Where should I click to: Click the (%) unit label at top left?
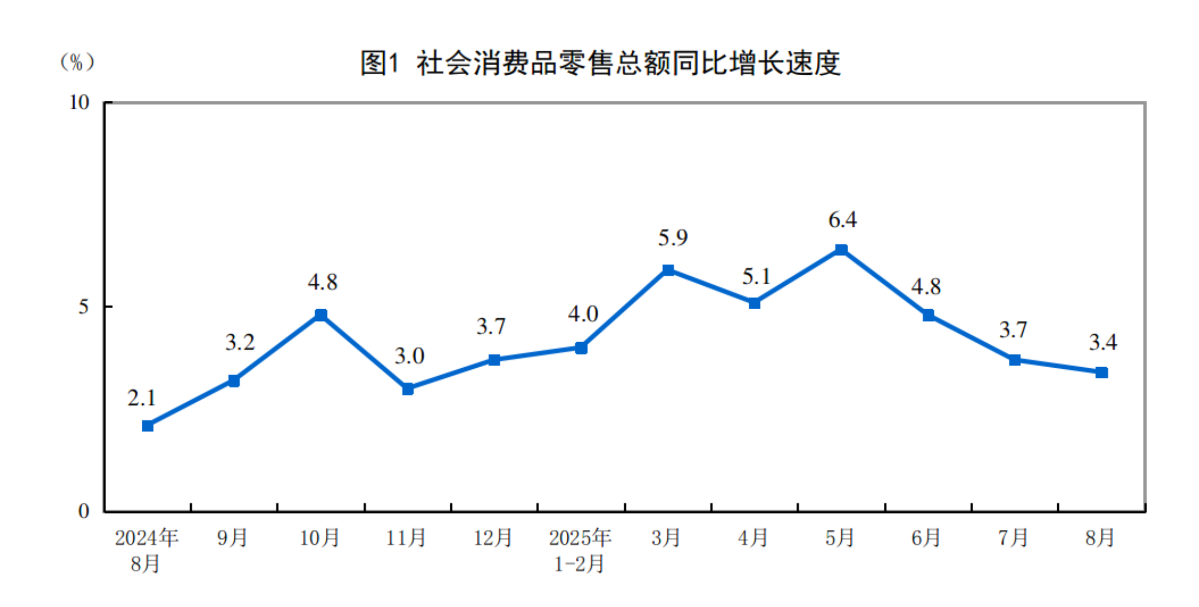pyautogui.click(x=77, y=62)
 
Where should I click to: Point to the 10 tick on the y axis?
pyautogui.click(x=80, y=102)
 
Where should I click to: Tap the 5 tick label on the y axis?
pyautogui.click(x=83, y=307)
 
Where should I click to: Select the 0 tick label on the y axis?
pyautogui.click(x=83, y=511)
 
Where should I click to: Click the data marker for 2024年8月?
pyautogui.click(x=148, y=426)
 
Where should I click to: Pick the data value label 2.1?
pyautogui.click(x=141, y=398)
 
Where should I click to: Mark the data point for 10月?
pyautogui.click(x=321, y=315)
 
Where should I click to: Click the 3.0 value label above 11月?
pyautogui.click(x=409, y=356)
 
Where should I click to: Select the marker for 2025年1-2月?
pyautogui.click(x=581, y=348)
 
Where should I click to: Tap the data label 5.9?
pyautogui.click(x=673, y=238)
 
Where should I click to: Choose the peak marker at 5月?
pyautogui.click(x=841, y=250)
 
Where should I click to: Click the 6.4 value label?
pyautogui.click(x=842, y=220)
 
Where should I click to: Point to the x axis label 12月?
pyautogui.click(x=493, y=538)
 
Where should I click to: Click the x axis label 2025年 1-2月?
pyautogui.click(x=580, y=551)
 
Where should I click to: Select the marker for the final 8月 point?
pyautogui.click(x=1102, y=373)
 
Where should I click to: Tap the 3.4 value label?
pyautogui.click(x=1103, y=342)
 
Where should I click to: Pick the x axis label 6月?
pyautogui.click(x=926, y=538)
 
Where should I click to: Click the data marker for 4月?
pyautogui.click(x=755, y=303)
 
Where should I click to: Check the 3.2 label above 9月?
pyautogui.click(x=240, y=342)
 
